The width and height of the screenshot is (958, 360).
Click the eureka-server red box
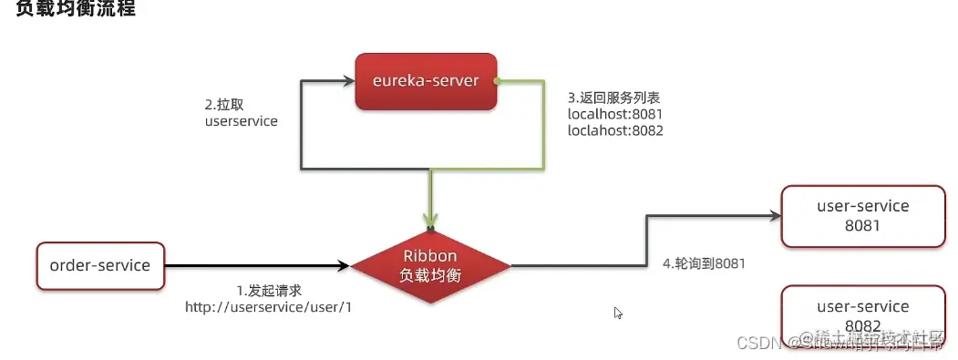(x=425, y=81)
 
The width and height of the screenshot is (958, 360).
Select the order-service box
(x=99, y=265)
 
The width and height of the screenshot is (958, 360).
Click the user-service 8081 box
(x=862, y=215)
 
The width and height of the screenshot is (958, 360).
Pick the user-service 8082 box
(x=862, y=314)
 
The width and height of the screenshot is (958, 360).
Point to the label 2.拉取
(x=223, y=104)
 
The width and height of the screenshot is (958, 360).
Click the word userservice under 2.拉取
(x=241, y=120)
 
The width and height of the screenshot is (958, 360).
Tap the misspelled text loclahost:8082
(x=614, y=130)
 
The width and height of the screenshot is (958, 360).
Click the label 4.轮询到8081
(x=704, y=264)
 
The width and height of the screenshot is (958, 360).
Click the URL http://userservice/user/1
(x=268, y=307)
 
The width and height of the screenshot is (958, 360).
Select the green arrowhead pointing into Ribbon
(x=430, y=221)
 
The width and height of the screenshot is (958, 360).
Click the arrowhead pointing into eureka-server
(x=348, y=81)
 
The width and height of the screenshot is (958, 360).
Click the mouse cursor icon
(x=618, y=313)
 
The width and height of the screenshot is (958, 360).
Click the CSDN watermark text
(x=754, y=342)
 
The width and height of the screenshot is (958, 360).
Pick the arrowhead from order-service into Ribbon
(x=344, y=266)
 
